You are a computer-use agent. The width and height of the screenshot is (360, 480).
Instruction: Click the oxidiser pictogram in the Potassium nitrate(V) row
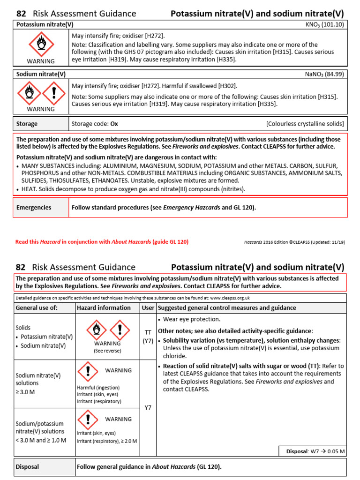[41, 45]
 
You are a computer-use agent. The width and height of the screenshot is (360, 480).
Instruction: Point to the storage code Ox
[114, 124]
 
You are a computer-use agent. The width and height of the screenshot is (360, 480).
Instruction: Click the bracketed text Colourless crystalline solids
[305, 124]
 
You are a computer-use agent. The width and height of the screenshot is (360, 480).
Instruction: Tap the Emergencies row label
[34, 207]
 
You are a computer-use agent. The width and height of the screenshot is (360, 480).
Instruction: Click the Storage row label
[27, 124]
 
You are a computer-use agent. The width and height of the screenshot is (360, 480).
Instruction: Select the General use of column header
[37, 308]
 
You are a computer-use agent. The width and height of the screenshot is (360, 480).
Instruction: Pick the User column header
[148, 308]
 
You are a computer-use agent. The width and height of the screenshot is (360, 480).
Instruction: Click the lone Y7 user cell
[148, 407]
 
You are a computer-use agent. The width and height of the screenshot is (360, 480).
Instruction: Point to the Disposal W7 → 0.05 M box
[312, 451]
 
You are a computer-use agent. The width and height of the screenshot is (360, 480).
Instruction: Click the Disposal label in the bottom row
[27, 467]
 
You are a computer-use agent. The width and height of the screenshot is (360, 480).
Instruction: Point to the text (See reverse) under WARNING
[107, 350]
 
